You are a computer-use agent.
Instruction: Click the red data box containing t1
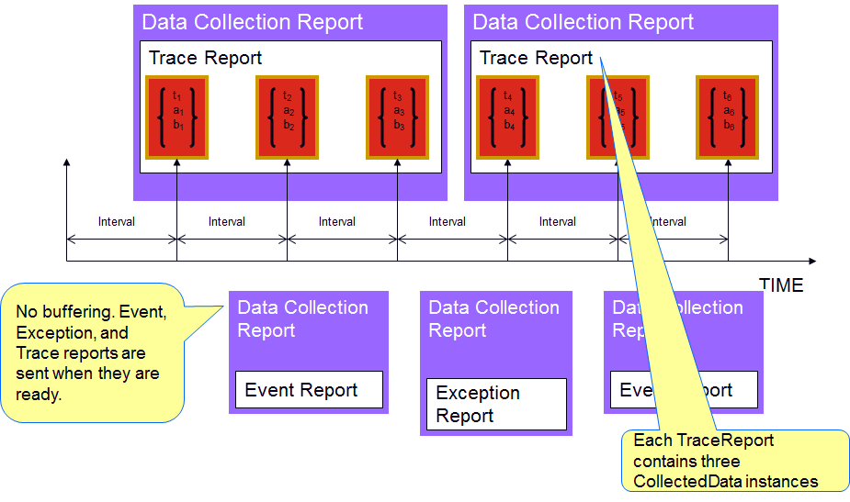(177, 117)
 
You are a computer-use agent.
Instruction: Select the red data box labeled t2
(288, 117)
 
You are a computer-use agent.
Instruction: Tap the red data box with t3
(398, 117)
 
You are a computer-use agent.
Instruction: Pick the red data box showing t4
(508, 117)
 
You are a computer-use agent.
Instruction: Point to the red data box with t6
(728, 117)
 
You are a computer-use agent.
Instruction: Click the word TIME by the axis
(780, 284)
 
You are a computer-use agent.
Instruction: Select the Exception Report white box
(496, 404)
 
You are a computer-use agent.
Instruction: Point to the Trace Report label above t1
(205, 58)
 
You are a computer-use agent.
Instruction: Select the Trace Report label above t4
(536, 58)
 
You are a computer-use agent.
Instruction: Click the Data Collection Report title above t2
(253, 22)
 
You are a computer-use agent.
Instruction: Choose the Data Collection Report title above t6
(584, 22)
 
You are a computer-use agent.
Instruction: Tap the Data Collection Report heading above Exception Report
(494, 318)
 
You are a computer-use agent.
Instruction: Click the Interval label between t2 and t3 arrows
(337, 221)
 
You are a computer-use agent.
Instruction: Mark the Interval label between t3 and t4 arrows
(448, 221)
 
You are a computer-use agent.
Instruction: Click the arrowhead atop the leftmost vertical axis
(67, 162)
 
